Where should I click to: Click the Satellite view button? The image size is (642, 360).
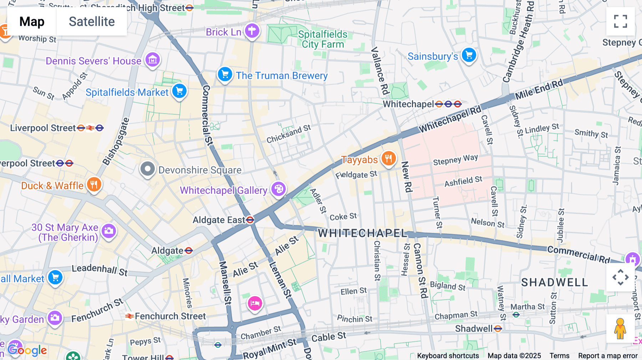(92, 22)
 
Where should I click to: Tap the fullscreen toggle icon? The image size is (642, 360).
(620, 21)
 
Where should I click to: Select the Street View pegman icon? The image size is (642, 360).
(620, 329)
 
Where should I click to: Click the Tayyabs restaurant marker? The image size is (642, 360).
(388, 158)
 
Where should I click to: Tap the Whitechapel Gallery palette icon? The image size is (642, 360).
(279, 189)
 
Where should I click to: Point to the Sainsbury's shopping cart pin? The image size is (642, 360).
(469, 55)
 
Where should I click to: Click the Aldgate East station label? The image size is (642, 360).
(219, 220)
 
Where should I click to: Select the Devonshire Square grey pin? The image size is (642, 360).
(147, 169)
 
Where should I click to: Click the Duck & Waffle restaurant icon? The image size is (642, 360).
(94, 185)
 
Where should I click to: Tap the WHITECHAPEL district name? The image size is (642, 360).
(362, 233)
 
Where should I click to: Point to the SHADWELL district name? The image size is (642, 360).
(554, 282)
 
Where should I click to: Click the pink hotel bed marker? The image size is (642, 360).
(255, 303)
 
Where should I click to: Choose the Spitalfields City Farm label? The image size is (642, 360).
(323, 39)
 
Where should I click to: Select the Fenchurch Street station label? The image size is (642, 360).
(170, 316)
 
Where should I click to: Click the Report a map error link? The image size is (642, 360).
(608, 356)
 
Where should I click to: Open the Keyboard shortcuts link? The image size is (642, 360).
(448, 356)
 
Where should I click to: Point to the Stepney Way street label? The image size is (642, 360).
(455, 160)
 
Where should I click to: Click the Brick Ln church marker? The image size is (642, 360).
(252, 31)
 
